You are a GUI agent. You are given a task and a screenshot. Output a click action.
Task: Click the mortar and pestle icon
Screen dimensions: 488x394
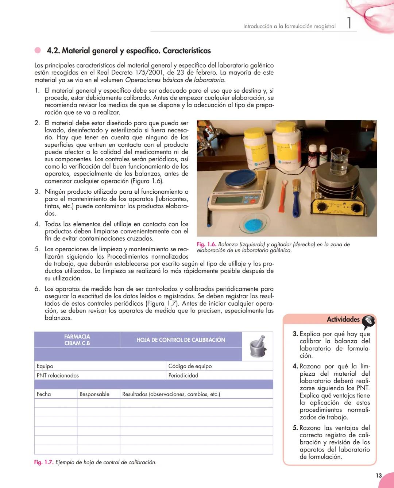point(258,346)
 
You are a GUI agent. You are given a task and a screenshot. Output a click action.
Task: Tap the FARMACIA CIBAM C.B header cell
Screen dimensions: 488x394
point(77,340)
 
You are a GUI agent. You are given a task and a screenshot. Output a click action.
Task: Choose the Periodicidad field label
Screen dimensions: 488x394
point(183,375)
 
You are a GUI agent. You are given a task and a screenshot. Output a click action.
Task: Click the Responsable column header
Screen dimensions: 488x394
point(94,394)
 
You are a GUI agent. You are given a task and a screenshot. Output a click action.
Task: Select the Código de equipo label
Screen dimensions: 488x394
point(190,366)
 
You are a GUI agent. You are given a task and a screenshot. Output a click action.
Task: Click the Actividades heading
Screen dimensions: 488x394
point(343,319)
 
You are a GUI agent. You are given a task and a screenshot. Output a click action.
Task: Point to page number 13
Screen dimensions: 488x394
point(379,475)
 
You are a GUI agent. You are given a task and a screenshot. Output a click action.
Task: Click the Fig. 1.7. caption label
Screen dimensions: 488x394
point(44,462)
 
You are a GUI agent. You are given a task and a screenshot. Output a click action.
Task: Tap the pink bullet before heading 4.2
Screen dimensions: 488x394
point(38,50)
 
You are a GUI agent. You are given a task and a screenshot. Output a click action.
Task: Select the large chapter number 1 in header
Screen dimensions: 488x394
point(349,23)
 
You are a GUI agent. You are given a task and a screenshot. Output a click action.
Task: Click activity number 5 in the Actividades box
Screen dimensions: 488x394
point(295,427)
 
